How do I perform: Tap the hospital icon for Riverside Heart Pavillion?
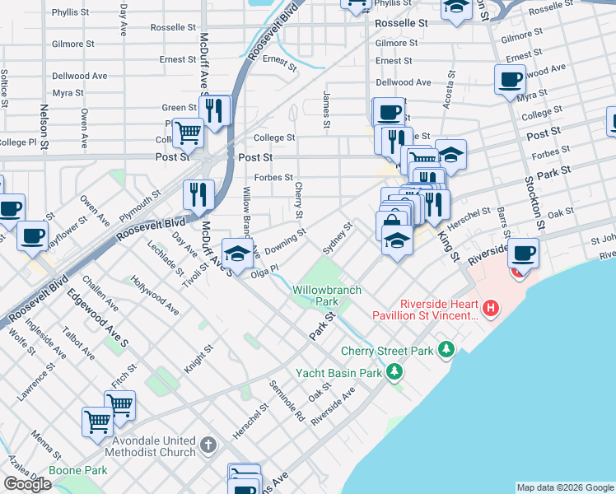click(x=491, y=310)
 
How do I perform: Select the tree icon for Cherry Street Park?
click(x=446, y=350)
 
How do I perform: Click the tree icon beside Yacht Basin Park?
click(x=395, y=372)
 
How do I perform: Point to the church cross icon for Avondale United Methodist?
click(x=209, y=445)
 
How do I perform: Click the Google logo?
click(x=27, y=484)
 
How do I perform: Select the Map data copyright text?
click(x=564, y=487)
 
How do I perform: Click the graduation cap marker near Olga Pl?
click(x=237, y=252)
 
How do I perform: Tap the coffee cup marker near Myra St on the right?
click(x=511, y=80)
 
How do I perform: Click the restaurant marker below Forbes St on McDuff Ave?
click(x=198, y=194)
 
